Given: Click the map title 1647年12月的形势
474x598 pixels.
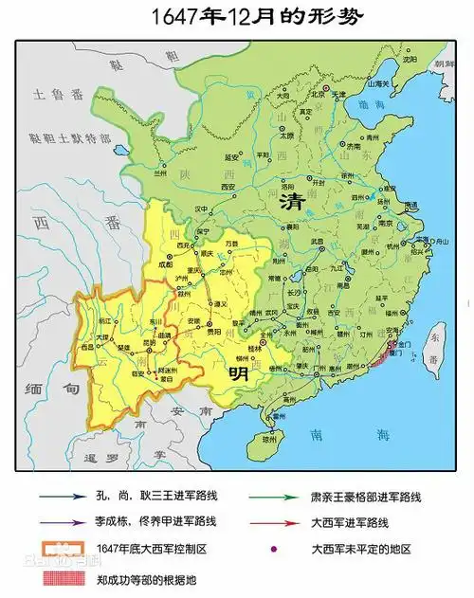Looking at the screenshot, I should click(x=237, y=17).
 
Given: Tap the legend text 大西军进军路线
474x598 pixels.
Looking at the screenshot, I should click(x=356, y=522).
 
